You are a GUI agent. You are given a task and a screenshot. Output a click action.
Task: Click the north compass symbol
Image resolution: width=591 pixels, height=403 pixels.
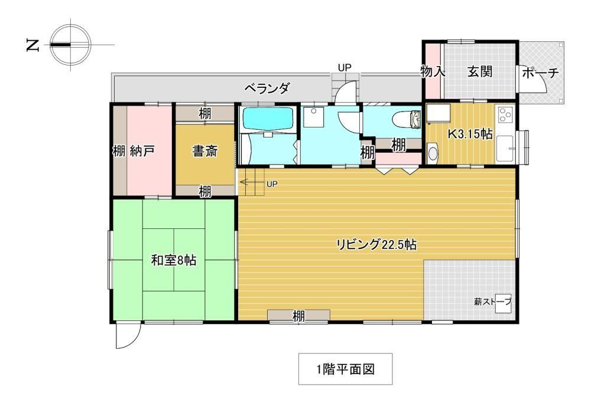tap(70, 44)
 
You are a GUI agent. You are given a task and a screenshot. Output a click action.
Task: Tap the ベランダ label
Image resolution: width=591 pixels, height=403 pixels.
tap(267, 89)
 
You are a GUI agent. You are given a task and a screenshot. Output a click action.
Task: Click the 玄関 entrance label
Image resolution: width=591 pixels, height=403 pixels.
tap(480, 71)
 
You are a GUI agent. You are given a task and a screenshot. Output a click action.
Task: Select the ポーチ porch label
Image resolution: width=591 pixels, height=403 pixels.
tap(540, 73)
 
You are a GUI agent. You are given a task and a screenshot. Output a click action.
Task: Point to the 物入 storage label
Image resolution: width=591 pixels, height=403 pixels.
tap(433, 71)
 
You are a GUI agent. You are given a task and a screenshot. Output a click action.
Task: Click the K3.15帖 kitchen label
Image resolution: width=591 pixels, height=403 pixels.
tap(470, 133)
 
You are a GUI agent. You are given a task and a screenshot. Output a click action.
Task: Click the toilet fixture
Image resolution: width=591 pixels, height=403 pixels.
tap(407, 120)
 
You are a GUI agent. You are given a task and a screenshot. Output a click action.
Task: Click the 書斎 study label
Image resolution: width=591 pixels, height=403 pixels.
tap(204, 151)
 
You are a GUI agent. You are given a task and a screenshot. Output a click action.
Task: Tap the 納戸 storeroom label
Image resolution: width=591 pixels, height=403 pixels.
tap(142, 151)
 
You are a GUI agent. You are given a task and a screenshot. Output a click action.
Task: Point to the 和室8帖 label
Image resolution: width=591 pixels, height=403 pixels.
tap(174, 260)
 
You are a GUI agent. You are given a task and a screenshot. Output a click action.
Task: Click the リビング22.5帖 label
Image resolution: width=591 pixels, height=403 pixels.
tap(376, 245)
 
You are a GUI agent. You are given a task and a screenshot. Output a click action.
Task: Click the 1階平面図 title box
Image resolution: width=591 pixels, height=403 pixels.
tap(345, 369)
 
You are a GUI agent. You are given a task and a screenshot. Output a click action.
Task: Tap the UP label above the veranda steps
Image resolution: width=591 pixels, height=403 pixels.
tap(344, 68)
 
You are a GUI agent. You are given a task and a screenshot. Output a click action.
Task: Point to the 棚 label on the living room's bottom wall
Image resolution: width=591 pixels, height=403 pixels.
tap(298, 316)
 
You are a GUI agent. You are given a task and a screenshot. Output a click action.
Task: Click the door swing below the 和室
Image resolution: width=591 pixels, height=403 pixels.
tap(128, 336)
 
